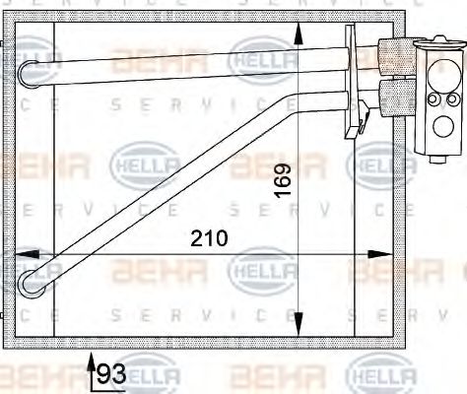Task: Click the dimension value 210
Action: tap(209, 237)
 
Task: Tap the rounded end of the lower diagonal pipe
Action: tap(29, 285)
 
